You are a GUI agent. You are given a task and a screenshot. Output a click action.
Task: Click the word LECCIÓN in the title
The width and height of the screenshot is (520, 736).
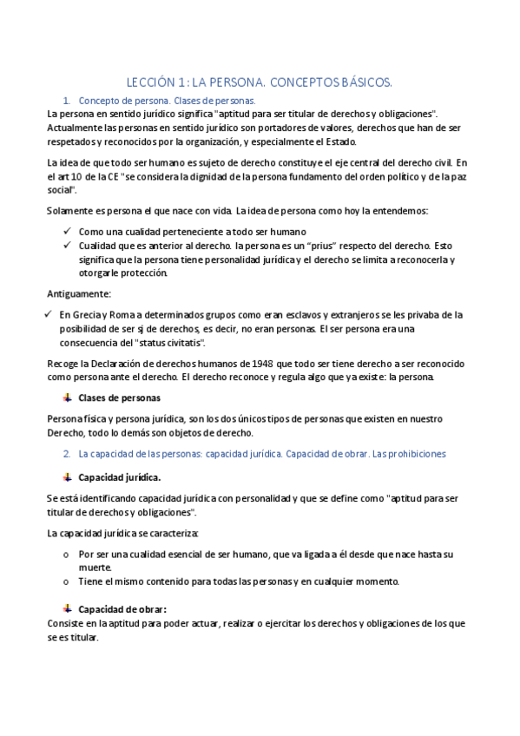click(148, 82)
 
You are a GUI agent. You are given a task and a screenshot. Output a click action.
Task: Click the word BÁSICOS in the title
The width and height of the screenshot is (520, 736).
click(363, 82)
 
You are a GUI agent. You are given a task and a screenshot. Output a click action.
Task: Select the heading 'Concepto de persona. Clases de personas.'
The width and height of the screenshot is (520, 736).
click(167, 101)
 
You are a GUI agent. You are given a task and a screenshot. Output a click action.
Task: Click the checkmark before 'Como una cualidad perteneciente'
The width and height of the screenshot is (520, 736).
click(67, 232)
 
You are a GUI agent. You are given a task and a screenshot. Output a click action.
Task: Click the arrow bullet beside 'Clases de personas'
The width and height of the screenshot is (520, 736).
click(67, 398)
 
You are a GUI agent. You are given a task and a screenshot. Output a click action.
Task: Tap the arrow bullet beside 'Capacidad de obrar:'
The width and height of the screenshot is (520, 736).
click(67, 608)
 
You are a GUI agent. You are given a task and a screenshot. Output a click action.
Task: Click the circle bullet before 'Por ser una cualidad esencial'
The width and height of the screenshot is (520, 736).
click(68, 554)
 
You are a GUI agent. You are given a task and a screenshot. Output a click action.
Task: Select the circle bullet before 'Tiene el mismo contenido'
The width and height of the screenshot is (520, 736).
click(68, 582)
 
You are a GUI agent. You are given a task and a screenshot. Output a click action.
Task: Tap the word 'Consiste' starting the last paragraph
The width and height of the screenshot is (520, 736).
click(66, 623)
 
